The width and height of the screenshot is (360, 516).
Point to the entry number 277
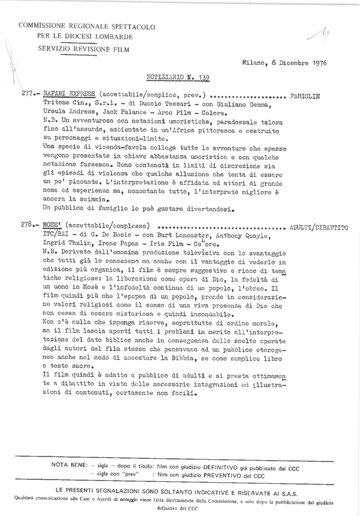click(x=28, y=94)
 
